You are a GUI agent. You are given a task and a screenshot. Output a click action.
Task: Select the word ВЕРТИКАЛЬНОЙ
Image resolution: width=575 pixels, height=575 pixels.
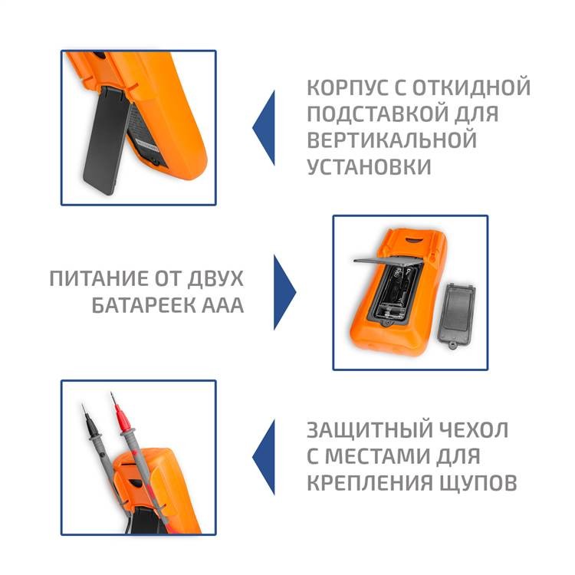pos(392,140)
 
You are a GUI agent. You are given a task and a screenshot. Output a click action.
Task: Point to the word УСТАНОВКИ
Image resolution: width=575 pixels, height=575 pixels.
pos(369,166)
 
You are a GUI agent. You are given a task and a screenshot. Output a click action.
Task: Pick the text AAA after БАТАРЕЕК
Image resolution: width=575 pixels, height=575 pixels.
pos(222,305)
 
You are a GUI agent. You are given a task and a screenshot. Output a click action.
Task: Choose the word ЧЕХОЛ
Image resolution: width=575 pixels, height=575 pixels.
pos(476,430)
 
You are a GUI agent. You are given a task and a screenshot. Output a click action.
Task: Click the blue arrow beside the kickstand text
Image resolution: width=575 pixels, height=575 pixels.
pos(264,127)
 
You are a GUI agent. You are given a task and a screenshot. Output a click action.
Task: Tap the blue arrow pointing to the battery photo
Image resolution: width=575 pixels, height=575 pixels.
pos(284,292)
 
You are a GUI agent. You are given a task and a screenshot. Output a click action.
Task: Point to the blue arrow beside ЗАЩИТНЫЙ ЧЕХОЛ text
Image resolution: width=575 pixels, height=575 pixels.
pos(264,457)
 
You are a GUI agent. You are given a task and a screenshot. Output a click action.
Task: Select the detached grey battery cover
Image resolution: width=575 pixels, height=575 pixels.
pos(456,314)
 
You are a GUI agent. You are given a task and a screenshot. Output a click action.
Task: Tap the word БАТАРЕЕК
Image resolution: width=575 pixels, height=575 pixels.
pos(143,305)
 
